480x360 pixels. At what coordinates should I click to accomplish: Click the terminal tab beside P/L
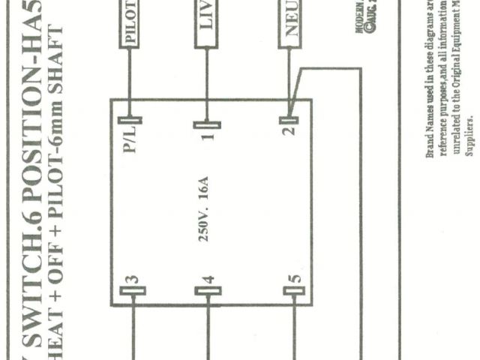[x=131, y=118]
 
